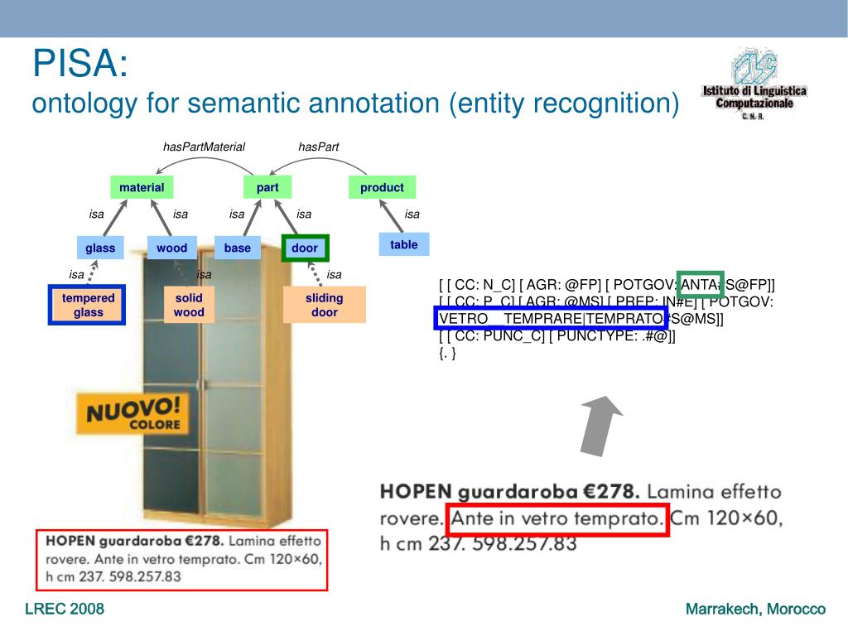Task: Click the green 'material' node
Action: point(142,188)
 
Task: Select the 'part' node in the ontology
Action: point(267,188)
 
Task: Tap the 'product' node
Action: point(382,188)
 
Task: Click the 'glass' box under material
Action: point(100,248)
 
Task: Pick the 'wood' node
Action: point(172,248)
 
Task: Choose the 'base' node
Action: point(238,248)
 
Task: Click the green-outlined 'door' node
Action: point(305,248)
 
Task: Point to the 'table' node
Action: point(404,244)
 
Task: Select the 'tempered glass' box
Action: point(88,305)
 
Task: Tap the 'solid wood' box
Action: point(189,305)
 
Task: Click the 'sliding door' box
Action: point(325,305)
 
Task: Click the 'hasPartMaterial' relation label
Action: point(205,147)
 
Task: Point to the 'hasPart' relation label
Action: point(319,147)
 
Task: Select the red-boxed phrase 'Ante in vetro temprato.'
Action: point(557,520)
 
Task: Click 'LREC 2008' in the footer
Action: point(65,609)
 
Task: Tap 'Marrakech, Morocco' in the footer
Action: point(755,609)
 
